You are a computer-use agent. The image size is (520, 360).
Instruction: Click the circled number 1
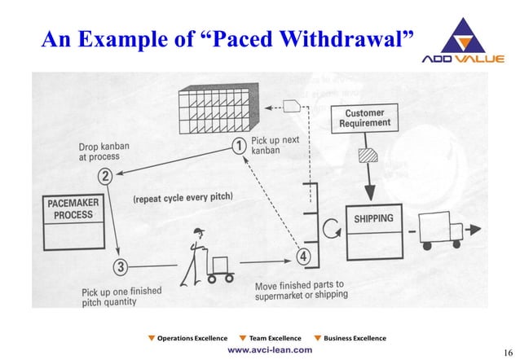pyautogui.click(x=238, y=146)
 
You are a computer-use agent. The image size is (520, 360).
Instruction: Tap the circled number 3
pyautogui.click(x=120, y=266)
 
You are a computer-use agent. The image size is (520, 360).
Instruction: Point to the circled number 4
pyautogui.click(x=304, y=257)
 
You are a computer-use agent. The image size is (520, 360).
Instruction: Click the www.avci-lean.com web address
pyautogui.click(x=269, y=349)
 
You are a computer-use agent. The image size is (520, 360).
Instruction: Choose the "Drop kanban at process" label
pyautogui.click(x=94, y=152)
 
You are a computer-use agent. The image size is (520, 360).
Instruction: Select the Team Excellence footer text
pyautogui.click(x=274, y=337)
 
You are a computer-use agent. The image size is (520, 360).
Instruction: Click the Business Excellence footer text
pyautogui.click(x=355, y=337)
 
